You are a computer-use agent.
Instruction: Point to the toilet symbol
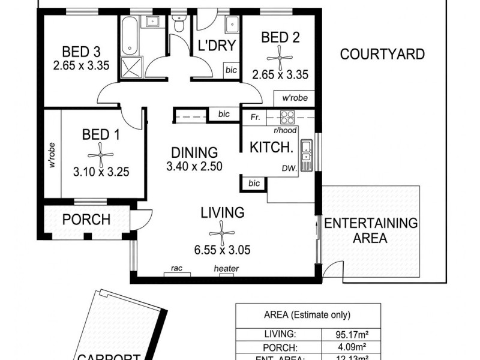click(178, 24)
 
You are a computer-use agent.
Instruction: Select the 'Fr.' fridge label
click(255, 118)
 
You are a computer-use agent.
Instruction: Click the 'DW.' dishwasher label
click(289, 170)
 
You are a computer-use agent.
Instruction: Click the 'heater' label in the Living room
click(226, 269)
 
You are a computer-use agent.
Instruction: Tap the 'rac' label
click(176, 269)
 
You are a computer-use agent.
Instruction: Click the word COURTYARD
click(382, 55)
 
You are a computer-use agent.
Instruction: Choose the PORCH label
click(87, 220)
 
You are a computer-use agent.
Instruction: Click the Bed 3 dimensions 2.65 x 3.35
click(81, 66)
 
